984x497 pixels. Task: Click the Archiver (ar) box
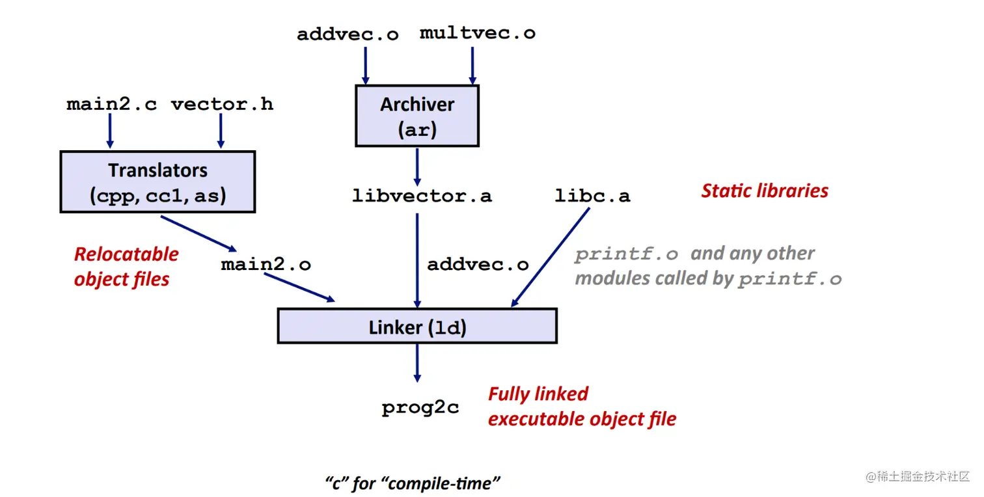pyautogui.click(x=417, y=116)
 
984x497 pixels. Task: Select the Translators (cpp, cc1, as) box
pyautogui.click(x=157, y=182)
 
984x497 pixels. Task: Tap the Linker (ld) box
pyautogui.click(x=417, y=326)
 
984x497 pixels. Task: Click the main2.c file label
pyautogui.click(x=111, y=105)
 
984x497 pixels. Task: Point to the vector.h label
pyautogui.click(x=222, y=105)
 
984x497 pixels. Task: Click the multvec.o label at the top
pyautogui.click(x=477, y=33)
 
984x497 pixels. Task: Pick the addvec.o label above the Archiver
pyautogui.click(x=348, y=34)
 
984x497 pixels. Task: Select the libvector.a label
pyautogui.click(x=422, y=195)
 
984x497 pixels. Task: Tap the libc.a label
pyautogui.click(x=592, y=195)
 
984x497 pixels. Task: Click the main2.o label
pyautogui.click(x=266, y=265)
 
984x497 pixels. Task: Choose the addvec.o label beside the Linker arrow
pyautogui.click(x=478, y=265)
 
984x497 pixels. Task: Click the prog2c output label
pyautogui.click(x=420, y=408)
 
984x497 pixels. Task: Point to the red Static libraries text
pyautogui.click(x=765, y=191)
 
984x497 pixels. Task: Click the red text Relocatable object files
pyautogui.click(x=126, y=267)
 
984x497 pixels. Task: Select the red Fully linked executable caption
pyautogui.click(x=581, y=407)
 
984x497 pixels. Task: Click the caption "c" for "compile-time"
pyautogui.click(x=413, y=483)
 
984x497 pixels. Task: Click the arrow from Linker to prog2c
pyautogui.click(x=417, y=362)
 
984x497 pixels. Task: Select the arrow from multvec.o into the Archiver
pyautogui.click(x=472, y=65)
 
